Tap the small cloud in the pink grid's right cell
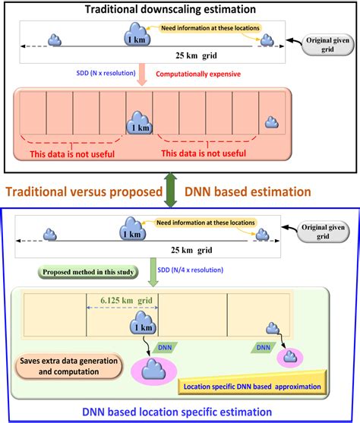coord(271,122)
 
